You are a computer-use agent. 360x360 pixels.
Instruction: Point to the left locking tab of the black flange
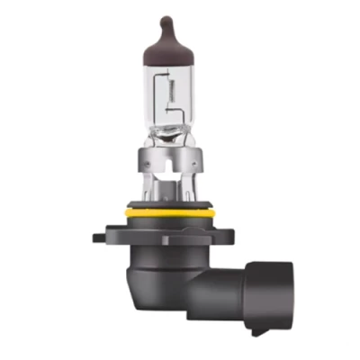[101, 239]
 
